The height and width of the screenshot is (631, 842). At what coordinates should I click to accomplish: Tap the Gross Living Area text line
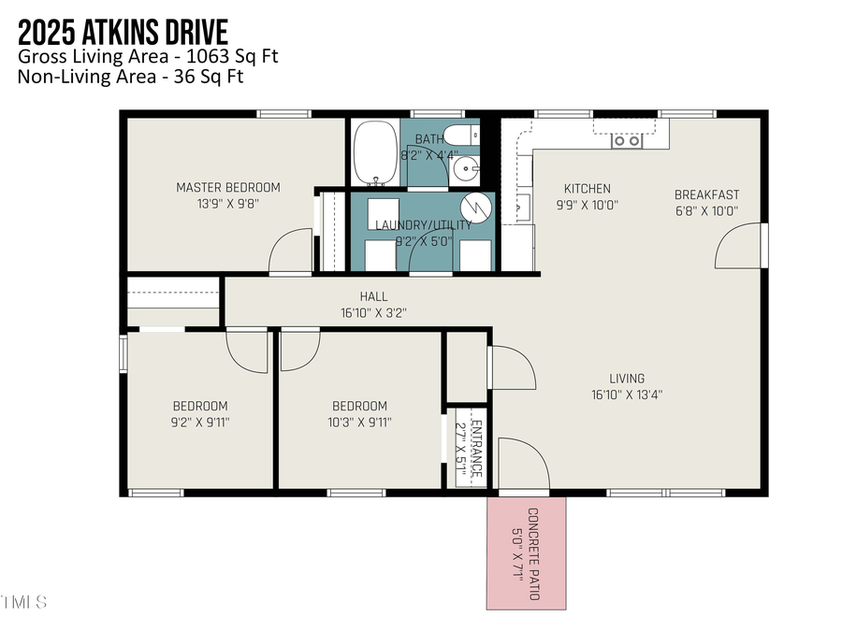148,56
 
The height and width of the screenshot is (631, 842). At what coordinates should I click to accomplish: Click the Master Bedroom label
227,194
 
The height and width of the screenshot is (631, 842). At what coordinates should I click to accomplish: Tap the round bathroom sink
464,170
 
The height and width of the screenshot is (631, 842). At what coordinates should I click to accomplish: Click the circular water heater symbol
477,206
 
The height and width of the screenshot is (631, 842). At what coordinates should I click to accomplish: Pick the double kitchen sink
627,141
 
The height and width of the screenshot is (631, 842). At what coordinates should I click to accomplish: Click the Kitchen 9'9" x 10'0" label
588,196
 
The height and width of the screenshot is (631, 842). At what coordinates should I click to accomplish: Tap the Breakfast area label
706,202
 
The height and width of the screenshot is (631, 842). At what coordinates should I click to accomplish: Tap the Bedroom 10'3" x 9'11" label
359,413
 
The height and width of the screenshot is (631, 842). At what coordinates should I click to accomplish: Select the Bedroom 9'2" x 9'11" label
199,413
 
